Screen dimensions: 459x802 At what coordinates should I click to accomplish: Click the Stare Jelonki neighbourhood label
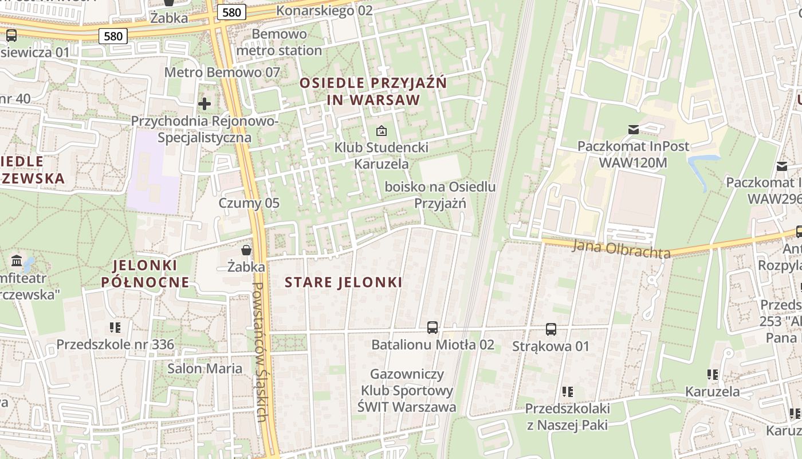pos(343,282)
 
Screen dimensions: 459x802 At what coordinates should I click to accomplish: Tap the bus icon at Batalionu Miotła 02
pos(433,328)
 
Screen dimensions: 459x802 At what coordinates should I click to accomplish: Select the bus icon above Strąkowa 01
pos(551,329)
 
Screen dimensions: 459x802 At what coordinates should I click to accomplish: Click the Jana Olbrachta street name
pos(621,249)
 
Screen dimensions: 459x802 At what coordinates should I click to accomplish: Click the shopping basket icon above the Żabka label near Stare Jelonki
pos(246,250)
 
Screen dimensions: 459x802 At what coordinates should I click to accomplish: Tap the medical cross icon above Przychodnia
pos(205,104)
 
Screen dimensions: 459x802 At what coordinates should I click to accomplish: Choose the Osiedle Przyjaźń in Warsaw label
pos(374,91)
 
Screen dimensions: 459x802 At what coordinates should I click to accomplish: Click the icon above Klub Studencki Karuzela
pos(381,131)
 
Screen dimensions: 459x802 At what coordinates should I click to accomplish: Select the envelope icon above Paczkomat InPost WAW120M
pos(633,130)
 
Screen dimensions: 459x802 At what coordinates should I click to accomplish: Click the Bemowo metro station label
pos(279,42)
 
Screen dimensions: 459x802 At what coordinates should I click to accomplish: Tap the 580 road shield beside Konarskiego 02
pos(232,11)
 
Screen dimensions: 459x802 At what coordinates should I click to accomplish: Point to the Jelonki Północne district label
pos(145,274)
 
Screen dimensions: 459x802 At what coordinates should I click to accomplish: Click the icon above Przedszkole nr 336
pos(115,328)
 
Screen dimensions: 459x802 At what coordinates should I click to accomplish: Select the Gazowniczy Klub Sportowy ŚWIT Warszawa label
pos(407,391)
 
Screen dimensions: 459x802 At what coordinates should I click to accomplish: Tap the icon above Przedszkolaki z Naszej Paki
pos(567,392)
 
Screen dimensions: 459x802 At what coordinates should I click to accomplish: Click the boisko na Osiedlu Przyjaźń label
pos(440,195)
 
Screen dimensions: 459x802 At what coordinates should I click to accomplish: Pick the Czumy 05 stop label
pos(249,203)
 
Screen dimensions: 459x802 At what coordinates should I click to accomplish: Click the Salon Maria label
pos(205,368)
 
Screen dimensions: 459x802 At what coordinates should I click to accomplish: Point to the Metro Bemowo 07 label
pos(222,72)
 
